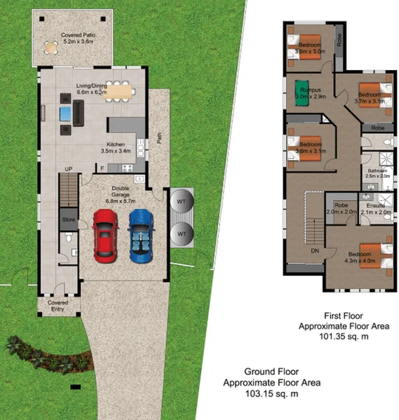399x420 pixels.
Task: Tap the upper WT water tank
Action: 180,200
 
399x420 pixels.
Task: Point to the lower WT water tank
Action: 180,234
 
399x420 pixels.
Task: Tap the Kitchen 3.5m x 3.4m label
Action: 115,148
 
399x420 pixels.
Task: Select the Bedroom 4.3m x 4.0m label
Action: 359,257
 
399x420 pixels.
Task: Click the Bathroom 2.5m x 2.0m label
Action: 378,173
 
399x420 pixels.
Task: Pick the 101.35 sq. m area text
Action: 333,337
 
